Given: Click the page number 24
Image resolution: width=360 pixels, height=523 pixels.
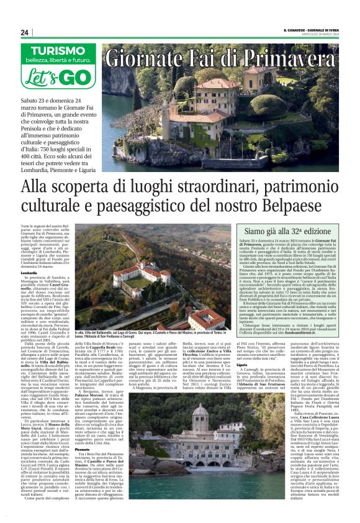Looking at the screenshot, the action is (x=24, y=33).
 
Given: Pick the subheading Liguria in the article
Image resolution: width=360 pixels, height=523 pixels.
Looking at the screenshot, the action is (x=250, y=381).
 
